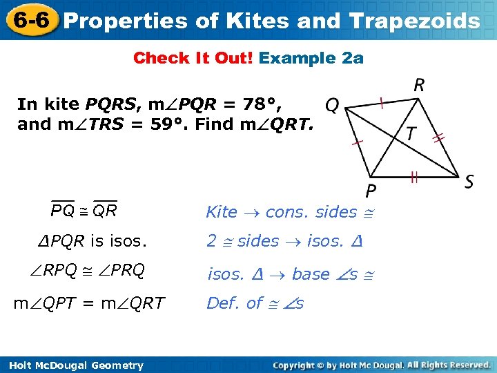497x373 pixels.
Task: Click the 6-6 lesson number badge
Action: point(30,19)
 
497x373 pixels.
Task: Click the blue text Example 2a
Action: point(311,58)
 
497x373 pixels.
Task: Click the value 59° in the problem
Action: point(167,124)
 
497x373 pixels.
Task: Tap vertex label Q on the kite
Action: point(332,106)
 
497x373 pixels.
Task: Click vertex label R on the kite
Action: point(419,86)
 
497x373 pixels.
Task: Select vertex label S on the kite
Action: point(469,182)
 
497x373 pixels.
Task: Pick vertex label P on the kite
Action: point(371,190)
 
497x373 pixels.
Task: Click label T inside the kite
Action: point(411,133)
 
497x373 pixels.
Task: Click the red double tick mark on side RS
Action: point(438,138)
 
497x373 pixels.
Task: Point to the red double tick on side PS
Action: point(414,178)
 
